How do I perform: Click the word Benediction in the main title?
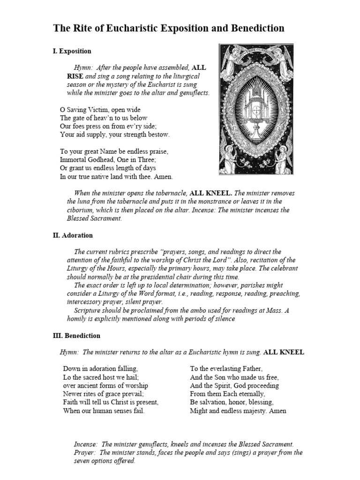click(x=257, y=28)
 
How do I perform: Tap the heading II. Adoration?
click(x=73, y=235)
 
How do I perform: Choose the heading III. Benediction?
click(x=76, y=336)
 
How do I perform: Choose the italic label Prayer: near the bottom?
click(x=85, y=452)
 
